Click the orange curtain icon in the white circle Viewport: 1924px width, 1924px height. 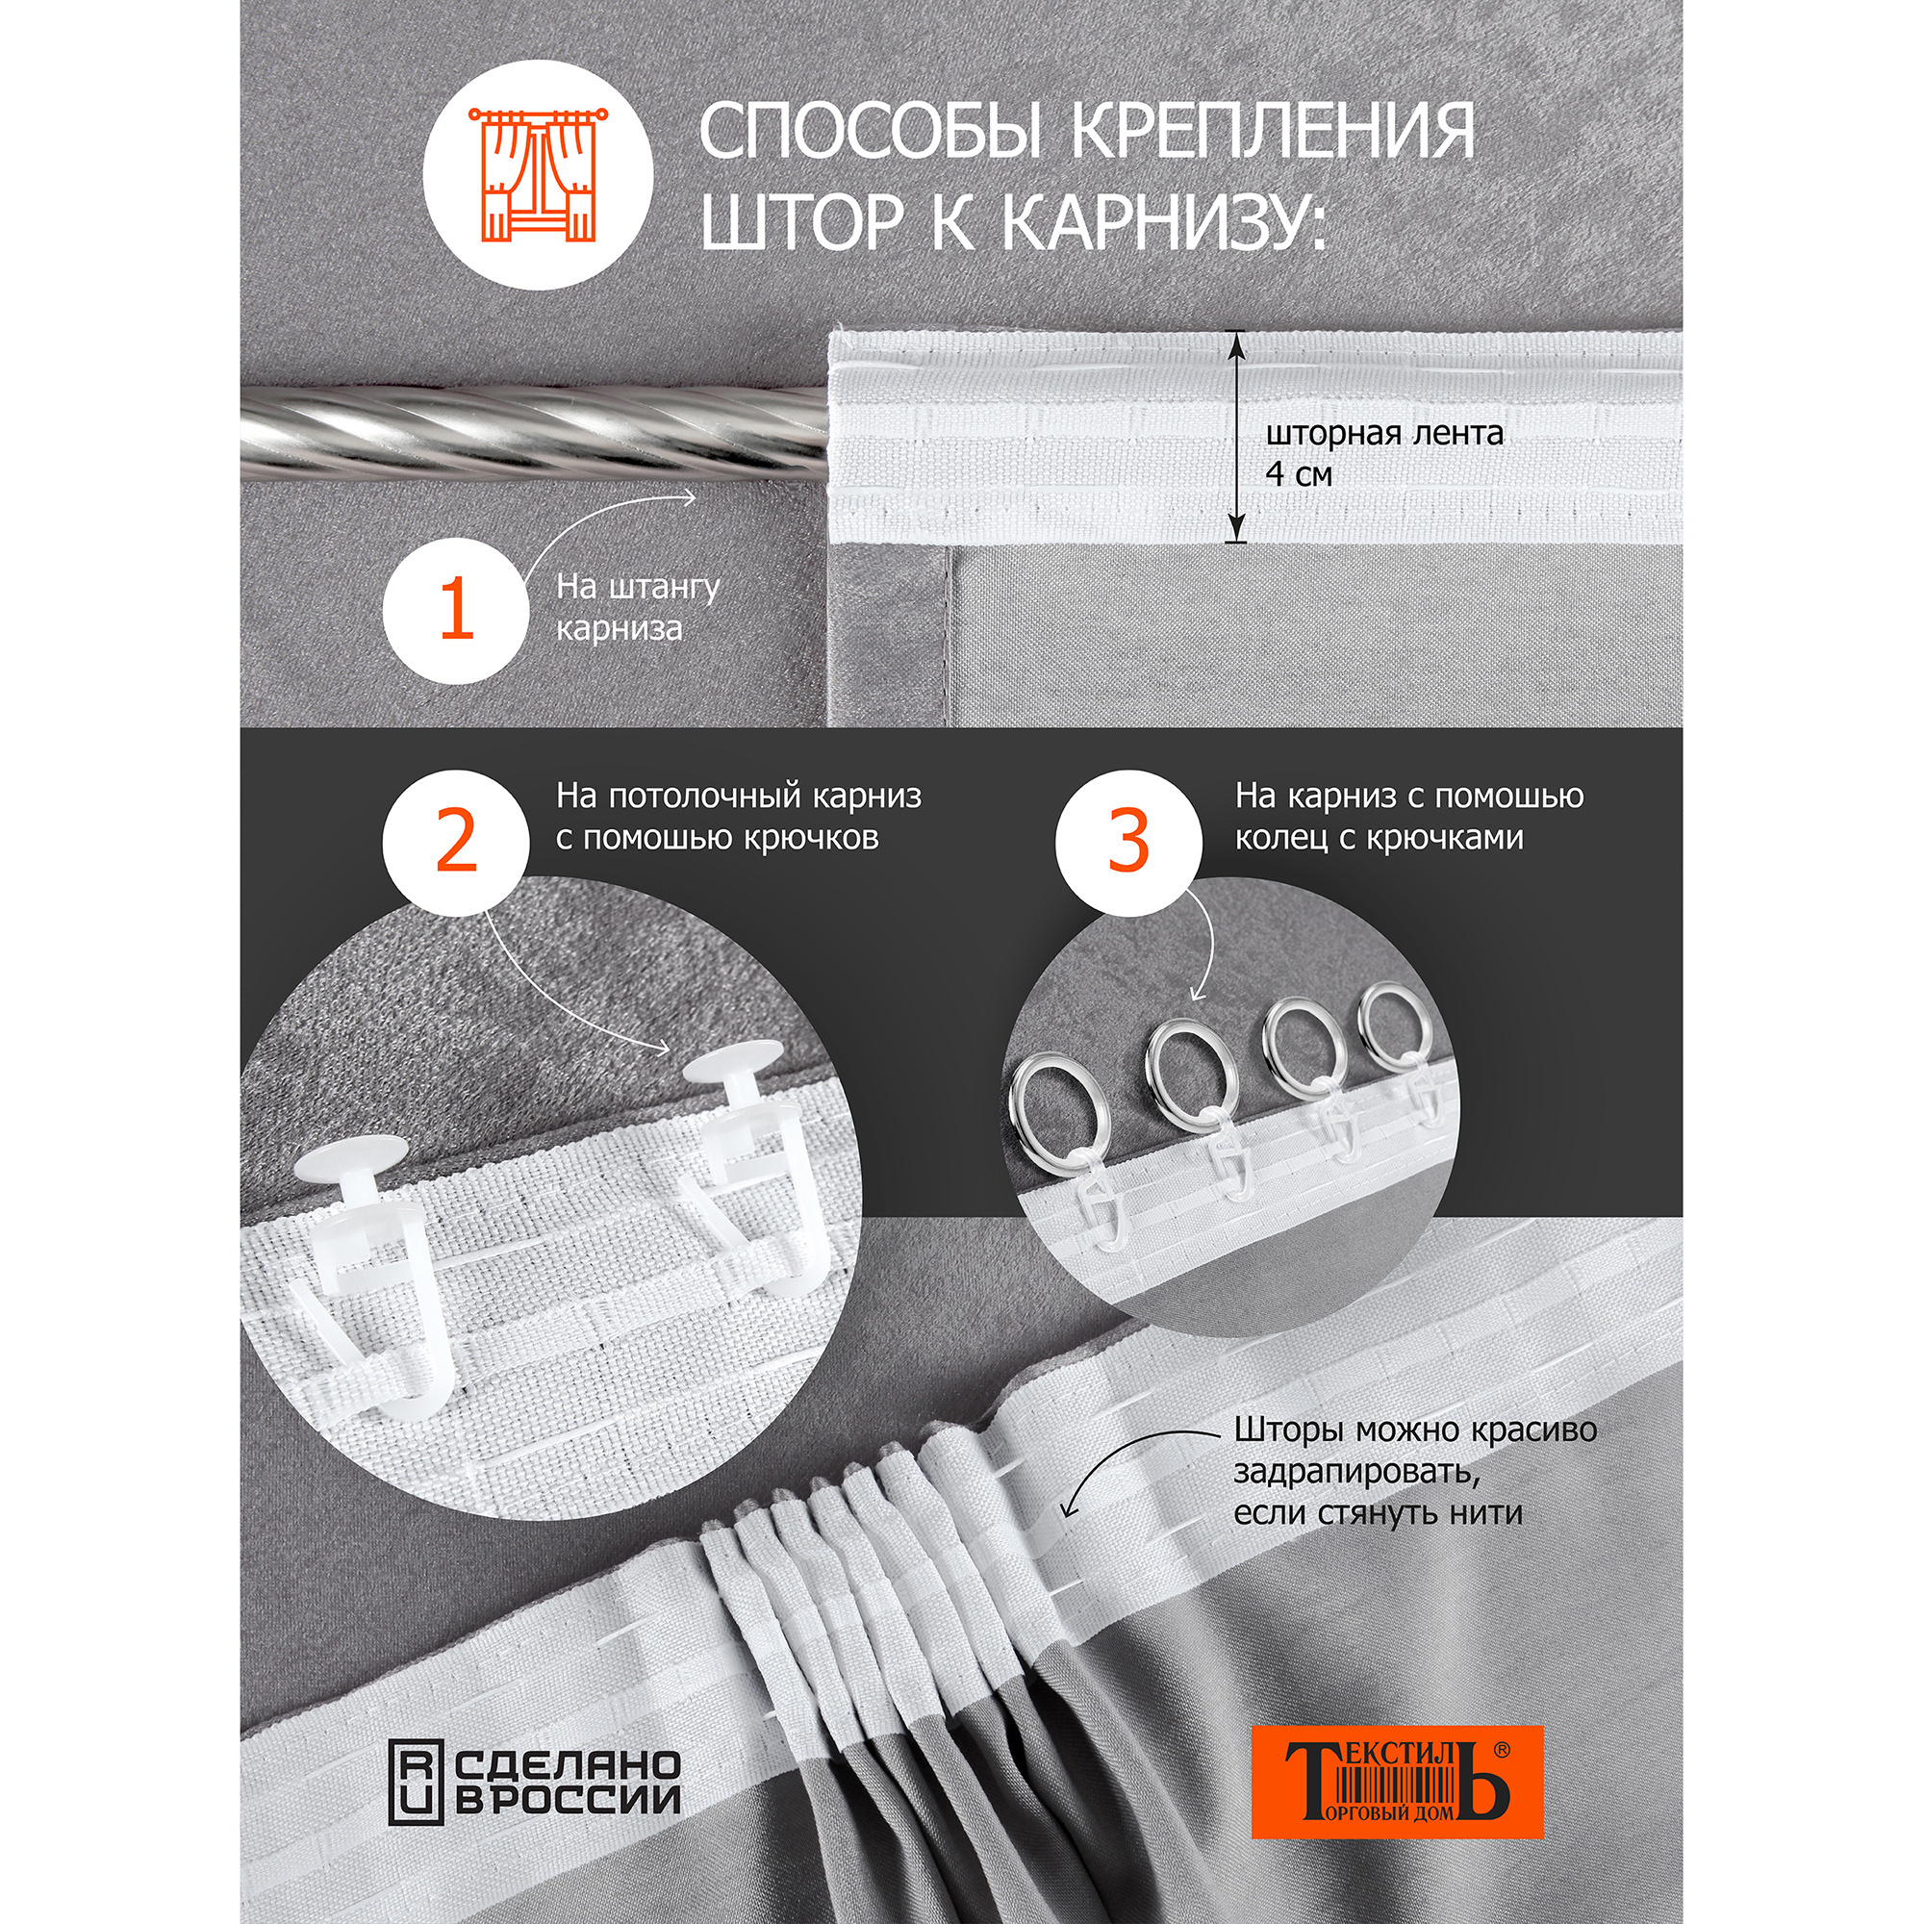538,176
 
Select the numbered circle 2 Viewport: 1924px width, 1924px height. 456,842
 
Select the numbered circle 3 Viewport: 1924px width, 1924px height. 1129,842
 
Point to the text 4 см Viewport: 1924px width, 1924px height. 1298,474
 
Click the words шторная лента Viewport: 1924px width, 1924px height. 1383,433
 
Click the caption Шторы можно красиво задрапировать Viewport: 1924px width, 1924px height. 1414,1472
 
